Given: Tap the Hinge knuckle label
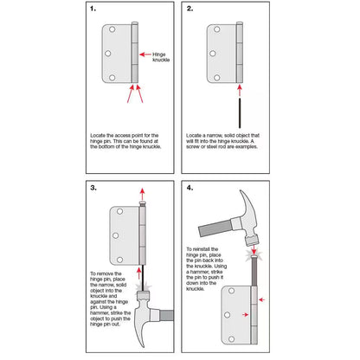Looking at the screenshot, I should point(161,55).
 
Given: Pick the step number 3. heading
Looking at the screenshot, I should point(93,188).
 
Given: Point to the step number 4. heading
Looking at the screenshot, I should point(190,188).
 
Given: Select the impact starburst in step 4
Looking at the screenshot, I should point(252,258).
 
